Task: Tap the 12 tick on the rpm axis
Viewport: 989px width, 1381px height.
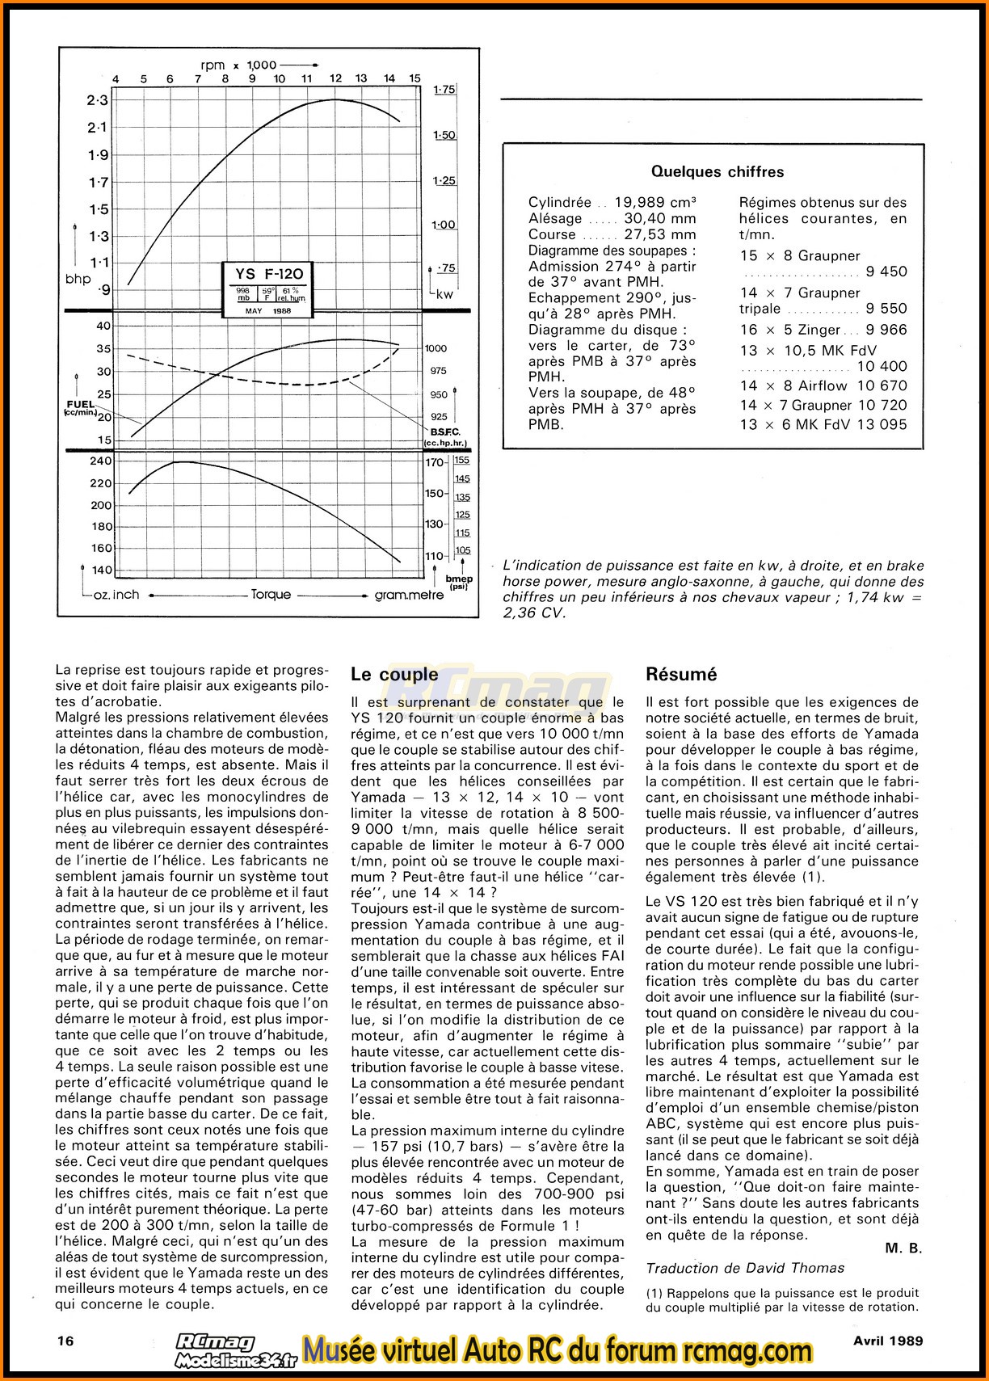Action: click(335, 79)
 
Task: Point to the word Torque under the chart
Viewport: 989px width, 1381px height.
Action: click(271, 595)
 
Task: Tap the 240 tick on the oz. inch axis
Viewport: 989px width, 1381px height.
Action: click(102, 461)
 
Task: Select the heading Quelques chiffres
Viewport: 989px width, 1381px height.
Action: click(718, 171)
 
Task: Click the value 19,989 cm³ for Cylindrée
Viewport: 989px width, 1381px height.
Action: click(655, 203)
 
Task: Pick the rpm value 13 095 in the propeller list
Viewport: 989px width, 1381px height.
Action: click(881, 425)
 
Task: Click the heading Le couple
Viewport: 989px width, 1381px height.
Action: click(384, 674)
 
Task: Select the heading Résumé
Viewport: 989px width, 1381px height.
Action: click(682, 674)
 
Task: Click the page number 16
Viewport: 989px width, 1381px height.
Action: click(66, 1340)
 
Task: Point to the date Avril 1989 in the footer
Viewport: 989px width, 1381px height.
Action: click(887, 1340)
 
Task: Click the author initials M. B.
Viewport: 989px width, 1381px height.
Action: click(903, 1248)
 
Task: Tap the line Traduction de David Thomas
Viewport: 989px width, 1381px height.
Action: click(745, 1269)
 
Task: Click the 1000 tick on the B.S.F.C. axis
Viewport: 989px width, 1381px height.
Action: click(436, 348)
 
